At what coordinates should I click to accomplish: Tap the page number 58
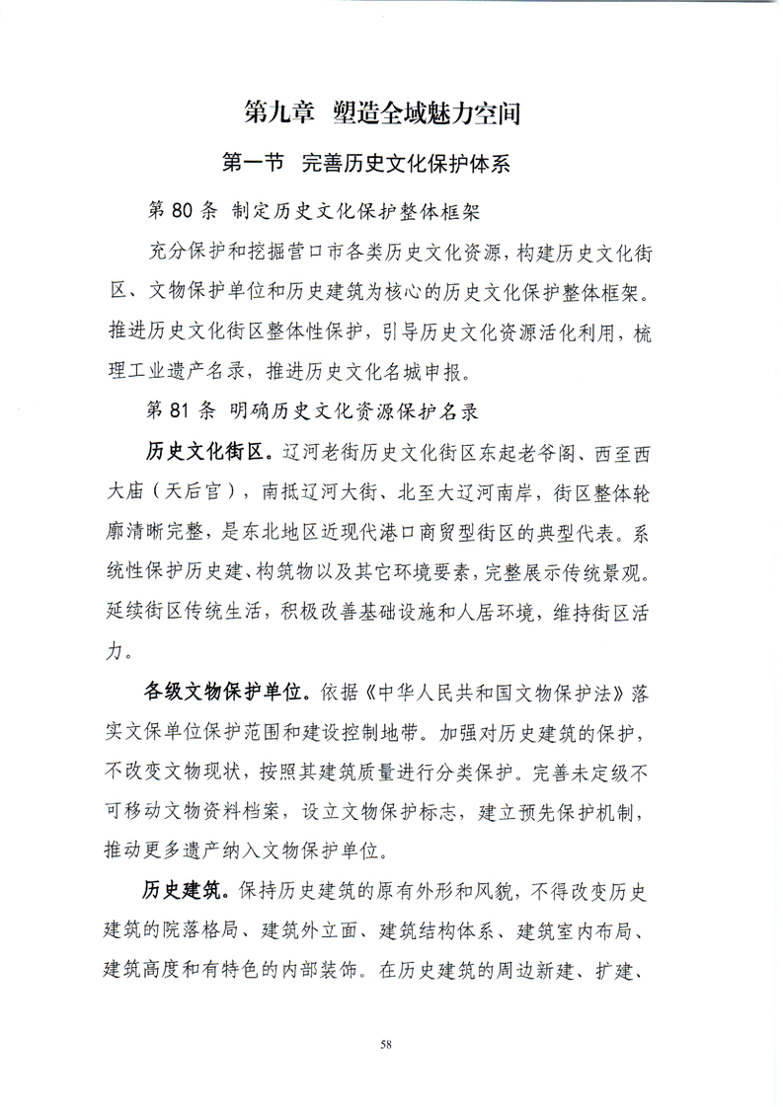[391, 1042]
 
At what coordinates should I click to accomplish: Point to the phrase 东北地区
[325, 536]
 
